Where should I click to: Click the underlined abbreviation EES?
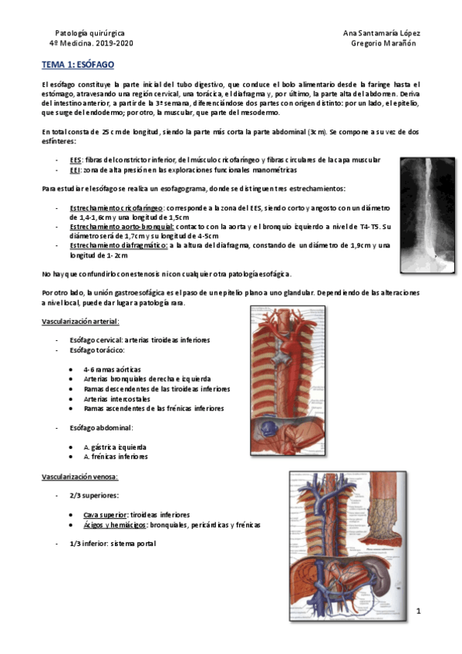click(x=76, y=159)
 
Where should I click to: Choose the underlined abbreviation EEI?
click(x=75, y=169)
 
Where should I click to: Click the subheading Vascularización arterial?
click(x=80, y=321)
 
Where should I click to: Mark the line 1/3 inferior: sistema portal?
click(x=113, y=544)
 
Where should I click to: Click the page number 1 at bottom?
click(x=417, y=612)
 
